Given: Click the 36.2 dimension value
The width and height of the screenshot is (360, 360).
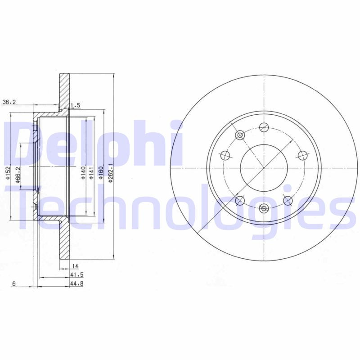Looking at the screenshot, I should pyautogui.click(x=9, y=102).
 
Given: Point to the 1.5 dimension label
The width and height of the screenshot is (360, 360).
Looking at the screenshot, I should pyautogui.click(x=76, y=105).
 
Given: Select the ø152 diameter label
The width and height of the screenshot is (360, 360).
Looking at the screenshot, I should pyautogui.click(x=8, y=173).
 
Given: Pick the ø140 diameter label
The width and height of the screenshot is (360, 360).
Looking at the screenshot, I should pyautogui.click(x=84, y=173).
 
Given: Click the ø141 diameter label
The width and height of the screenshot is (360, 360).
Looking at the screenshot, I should pyautogui.click(x=91, y=173).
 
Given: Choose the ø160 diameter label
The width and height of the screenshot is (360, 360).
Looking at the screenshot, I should pyautogui.click(x=101, y=173).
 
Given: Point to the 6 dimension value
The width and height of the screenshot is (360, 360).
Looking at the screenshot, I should pyautogui.click(x=14, y=283).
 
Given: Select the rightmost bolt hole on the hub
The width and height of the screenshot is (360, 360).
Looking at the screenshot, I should pyautogui.click(x=302, y=155).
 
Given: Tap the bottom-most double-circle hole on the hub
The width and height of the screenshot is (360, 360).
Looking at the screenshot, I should pyautogui.click(x=264, y=207).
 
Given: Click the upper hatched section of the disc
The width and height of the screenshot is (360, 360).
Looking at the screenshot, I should pyautogui.click(x=65, y=90).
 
